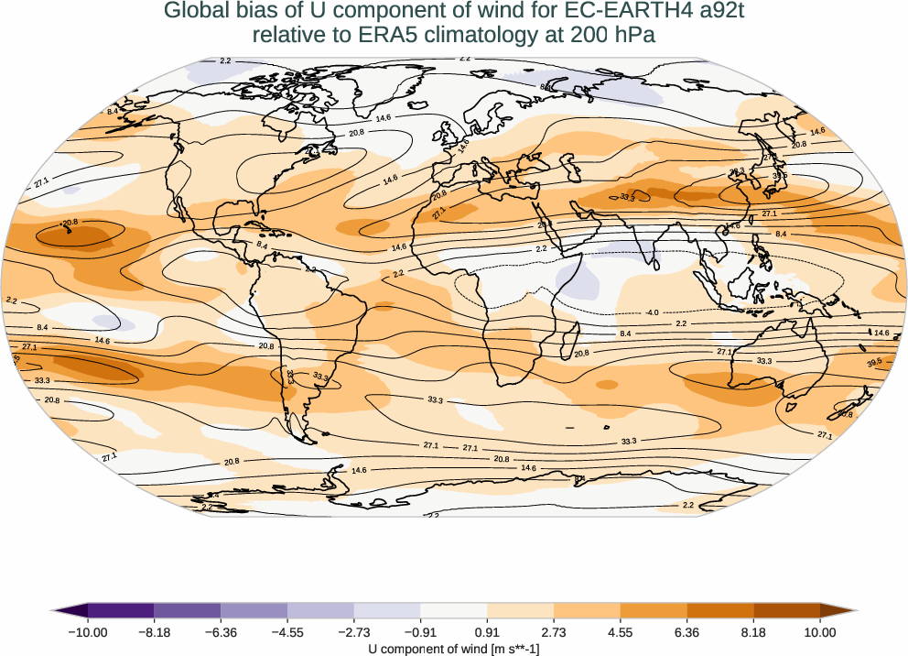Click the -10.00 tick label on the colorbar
[x=87, y=632]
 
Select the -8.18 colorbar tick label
[x=154, y=632]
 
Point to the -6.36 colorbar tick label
[x=221, y=632]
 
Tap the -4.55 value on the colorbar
[x=287, y=632]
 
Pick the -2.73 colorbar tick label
[x=353, y=632]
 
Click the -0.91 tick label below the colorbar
[x=420, y=632]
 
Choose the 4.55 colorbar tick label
[x=621, y=632]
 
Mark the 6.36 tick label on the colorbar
[x=687, y=632]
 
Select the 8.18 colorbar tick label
[x=753, y=632]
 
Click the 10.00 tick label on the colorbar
[x=820, y=632]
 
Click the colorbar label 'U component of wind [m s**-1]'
[x=454, y=649]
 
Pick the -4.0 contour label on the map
[x=651, y=312]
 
